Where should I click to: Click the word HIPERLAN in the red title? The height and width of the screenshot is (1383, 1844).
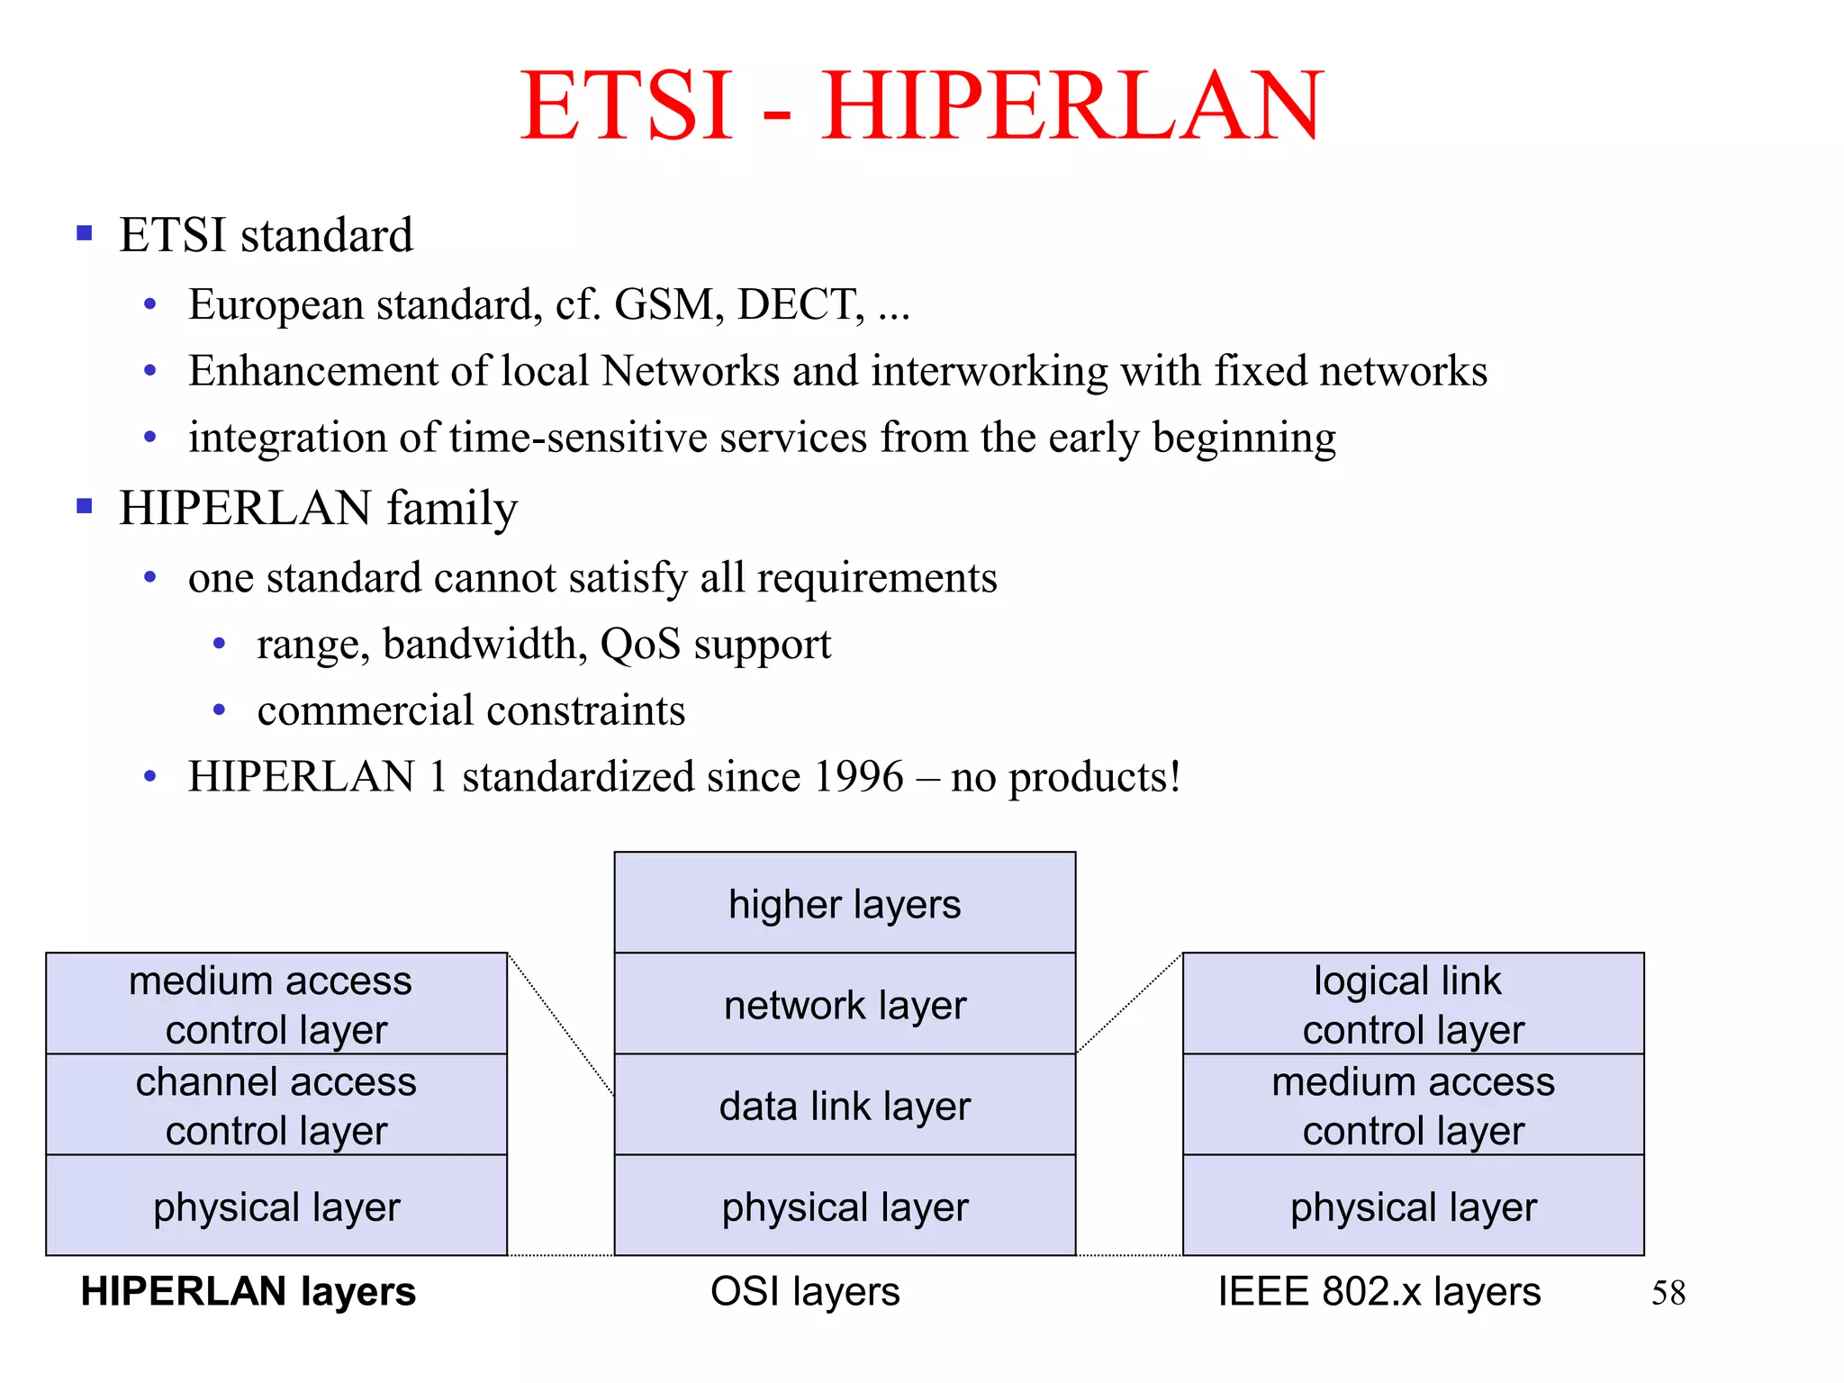point(1071,106)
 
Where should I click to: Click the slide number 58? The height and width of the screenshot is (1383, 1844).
point(1668,1293)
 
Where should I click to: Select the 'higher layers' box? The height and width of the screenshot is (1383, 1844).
point(845,903)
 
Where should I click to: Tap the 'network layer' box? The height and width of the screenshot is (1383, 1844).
point(845,1004)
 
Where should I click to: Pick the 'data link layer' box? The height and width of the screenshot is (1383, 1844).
point(845,1105)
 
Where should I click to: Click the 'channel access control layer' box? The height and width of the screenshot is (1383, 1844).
point(276,1105)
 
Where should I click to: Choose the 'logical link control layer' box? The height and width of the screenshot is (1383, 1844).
point(1413,1004)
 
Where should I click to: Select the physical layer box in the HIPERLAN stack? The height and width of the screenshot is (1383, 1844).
point(276,1207)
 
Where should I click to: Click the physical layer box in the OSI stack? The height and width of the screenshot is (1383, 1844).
point(845,1207)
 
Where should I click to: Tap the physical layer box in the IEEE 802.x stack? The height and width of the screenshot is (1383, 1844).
point(1413,1207)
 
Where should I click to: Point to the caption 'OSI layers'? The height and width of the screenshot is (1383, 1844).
point(805,1291)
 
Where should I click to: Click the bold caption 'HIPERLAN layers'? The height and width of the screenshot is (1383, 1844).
point(248,1291)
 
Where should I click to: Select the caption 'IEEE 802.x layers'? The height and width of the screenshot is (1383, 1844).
point(1378,1291)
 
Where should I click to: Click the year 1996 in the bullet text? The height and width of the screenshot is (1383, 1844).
point(858,776)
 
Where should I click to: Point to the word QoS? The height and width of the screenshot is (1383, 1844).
point(640,644)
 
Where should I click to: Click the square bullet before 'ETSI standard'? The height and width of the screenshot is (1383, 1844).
point(85,234)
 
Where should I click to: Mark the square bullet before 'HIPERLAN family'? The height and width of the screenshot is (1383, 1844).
point(85,506)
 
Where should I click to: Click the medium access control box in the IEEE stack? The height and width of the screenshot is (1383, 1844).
point(1413,1105)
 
